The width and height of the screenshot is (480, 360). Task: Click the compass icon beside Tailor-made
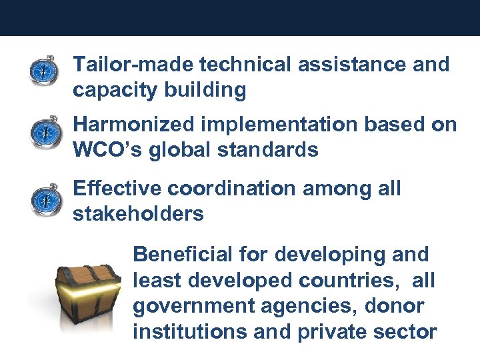[x=43, y=71]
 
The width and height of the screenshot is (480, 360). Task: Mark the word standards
[x=268, y=150]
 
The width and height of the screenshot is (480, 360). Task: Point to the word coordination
[x=231, y=189]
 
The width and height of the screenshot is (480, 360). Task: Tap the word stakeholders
[x=138, y=214]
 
